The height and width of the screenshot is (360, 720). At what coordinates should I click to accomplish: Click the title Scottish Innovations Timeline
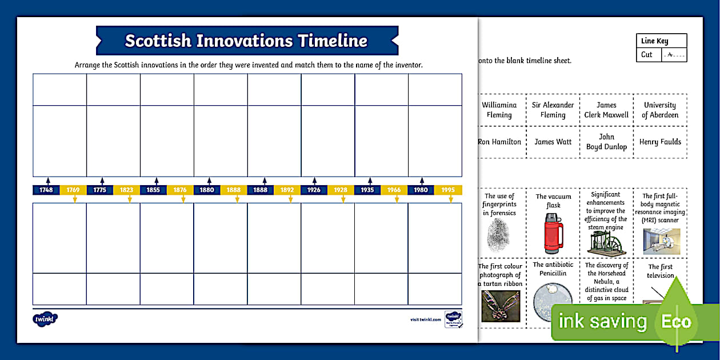pos(246,41)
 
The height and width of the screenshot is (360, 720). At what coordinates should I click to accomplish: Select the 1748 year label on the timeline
pos(46,190)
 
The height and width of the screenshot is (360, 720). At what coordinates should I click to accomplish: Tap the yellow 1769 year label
pos(73,190)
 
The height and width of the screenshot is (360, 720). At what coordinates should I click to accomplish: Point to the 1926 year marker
pos(314,190)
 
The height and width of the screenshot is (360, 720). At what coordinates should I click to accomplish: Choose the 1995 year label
pos(449,190)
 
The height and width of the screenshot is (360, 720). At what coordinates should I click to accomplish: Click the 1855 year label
pos(154,190)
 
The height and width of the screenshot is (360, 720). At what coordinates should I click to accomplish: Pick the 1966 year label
pos(394,190)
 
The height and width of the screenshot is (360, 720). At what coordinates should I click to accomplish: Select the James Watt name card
pos(553,142)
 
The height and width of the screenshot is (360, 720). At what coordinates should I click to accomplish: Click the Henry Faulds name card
pos(660,142)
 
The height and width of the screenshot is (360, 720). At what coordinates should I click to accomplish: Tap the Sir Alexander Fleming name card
pos(553,110)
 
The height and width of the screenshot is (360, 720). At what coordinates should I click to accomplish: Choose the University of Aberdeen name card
pos(660,110)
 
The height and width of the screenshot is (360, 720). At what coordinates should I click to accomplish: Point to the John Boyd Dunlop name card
pos(606,142)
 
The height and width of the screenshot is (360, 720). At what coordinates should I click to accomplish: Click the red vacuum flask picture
pos(553,233)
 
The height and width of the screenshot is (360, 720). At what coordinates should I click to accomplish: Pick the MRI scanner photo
pos(661,241)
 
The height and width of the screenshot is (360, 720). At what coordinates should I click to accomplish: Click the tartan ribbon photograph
pos(501,306)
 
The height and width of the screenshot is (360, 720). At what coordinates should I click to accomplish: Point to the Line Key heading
pos(654,41)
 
